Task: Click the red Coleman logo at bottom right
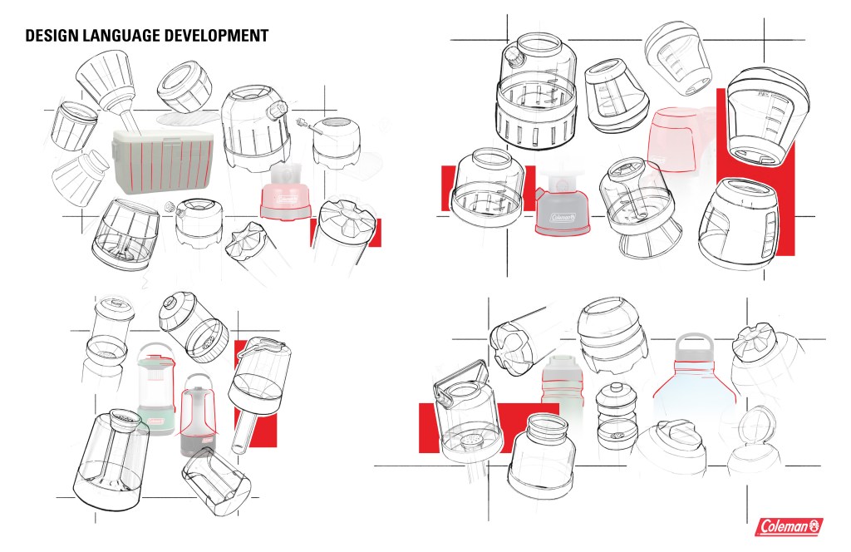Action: point(790,526)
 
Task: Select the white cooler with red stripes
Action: point(164,162)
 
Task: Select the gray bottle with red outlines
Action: point(562,382)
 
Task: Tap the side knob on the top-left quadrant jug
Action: point(275,111)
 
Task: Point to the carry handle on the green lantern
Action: point(156,350)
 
